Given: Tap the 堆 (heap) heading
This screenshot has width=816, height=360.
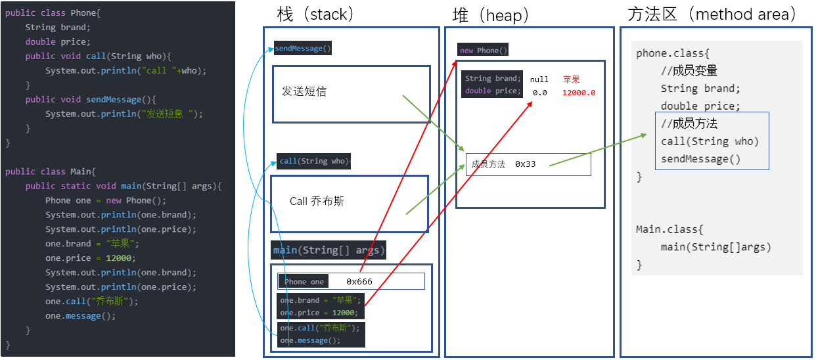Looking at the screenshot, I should click(491, 14).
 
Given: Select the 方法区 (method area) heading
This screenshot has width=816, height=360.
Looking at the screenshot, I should click(712, 14).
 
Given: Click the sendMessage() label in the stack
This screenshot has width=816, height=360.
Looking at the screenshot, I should click(303, 49).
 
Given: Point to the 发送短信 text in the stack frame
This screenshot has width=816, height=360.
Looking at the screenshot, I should click(304, 92).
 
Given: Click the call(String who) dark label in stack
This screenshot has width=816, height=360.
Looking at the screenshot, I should click(314, 161).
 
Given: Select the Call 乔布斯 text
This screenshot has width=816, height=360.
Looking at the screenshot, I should click(317, 202).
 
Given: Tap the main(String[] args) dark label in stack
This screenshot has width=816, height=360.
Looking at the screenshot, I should click(329, 250).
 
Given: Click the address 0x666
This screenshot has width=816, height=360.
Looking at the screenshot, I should click(359, 282).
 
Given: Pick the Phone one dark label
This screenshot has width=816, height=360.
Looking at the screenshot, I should click(304, 282).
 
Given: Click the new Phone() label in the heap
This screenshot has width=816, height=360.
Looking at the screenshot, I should click(483, 51).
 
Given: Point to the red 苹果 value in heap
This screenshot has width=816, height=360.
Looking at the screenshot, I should click(571, 79).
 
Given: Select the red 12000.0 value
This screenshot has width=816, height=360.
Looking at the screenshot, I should click(579, 93).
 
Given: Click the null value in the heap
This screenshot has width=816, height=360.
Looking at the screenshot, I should click(539, 79).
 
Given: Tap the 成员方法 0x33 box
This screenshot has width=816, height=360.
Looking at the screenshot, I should click(528, 164).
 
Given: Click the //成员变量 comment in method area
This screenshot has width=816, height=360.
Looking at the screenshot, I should click(689, 71).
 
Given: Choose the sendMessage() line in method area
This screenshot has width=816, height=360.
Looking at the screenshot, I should click(700, 159).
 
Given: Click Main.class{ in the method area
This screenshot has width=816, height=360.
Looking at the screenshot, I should click(669, 230).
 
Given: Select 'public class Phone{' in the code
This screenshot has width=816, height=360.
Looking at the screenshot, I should click(53, 13).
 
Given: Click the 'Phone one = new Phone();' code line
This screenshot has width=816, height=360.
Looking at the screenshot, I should click(106, 200).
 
